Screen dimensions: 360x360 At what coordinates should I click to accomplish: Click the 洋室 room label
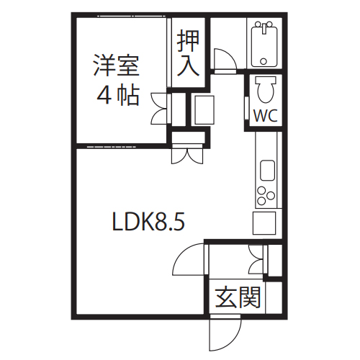[117, 66]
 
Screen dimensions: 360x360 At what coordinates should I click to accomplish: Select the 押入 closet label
[188, 53]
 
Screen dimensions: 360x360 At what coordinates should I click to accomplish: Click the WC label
[266, 116]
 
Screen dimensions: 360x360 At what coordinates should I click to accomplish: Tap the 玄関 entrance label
[238, 297]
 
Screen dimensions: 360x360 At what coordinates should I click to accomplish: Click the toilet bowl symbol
[266, 89]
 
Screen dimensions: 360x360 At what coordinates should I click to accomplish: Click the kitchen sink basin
[267, 170]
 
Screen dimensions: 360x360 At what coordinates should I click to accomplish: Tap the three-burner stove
[266, 195]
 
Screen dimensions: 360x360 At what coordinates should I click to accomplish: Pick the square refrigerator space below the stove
[264, 223]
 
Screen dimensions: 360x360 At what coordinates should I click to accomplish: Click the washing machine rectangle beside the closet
[204, 110]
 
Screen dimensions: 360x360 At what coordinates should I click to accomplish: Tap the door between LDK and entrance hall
[189, 259]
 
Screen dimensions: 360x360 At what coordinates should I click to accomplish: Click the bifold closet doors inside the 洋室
[160, 108]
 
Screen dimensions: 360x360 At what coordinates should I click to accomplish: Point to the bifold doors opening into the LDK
[187, 155]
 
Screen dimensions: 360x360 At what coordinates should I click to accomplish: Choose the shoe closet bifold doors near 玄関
[257, 259]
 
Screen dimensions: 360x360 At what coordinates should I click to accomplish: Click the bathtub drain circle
[264, 61]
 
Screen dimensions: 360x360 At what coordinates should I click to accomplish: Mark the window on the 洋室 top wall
[132, 17]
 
